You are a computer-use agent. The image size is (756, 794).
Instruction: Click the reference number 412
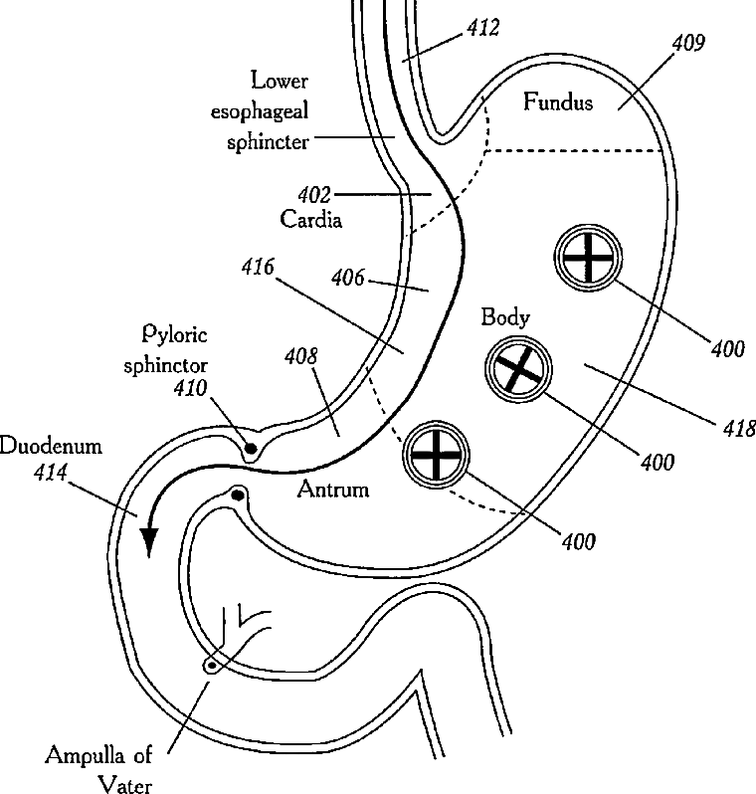483,27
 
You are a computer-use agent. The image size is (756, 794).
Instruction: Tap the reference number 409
688,43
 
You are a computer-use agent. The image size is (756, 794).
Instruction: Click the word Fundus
557,101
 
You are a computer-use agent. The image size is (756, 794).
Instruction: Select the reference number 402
314,195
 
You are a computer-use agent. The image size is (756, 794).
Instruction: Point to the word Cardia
311,219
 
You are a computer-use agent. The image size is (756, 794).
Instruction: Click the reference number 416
258,267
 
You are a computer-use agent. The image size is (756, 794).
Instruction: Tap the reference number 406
348,278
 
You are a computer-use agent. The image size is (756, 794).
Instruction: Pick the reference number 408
301,356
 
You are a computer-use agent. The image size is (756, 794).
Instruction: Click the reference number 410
190,388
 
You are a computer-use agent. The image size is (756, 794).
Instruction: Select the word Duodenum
51,446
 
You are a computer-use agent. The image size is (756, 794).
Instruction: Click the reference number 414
50,473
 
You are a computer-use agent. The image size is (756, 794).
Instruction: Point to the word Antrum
332,490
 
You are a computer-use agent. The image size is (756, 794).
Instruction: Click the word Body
505,318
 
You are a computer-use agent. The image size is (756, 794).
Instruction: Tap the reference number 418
738,429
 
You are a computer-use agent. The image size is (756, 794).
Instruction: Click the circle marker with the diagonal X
518,370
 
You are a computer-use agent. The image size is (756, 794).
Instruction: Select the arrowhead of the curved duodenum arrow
149,542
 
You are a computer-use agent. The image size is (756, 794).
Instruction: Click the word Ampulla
85,756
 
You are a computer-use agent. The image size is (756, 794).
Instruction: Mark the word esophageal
260,111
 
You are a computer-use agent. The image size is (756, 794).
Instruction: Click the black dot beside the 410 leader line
250,448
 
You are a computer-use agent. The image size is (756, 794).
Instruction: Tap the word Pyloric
174,334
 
